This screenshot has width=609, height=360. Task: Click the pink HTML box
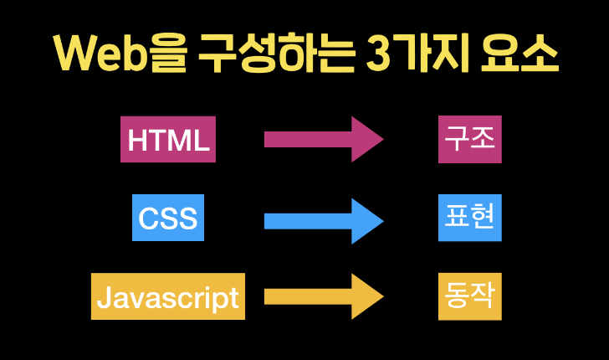[x=168, y=139]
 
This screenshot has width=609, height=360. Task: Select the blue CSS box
[x=168, y=218]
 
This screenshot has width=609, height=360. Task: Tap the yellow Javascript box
[x=168, y=296]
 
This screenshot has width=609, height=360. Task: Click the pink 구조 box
[x=470, y=139]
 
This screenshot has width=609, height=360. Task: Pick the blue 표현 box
[x=470, y=218]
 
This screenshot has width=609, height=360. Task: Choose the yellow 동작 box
[x=470, y=296]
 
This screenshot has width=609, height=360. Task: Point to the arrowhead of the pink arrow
[x=366, y=139]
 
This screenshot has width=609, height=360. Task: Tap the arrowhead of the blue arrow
[x=366, y=221]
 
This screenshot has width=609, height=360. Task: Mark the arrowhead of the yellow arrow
[x=366, y=296]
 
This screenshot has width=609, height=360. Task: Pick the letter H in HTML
[x=136, y=140]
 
